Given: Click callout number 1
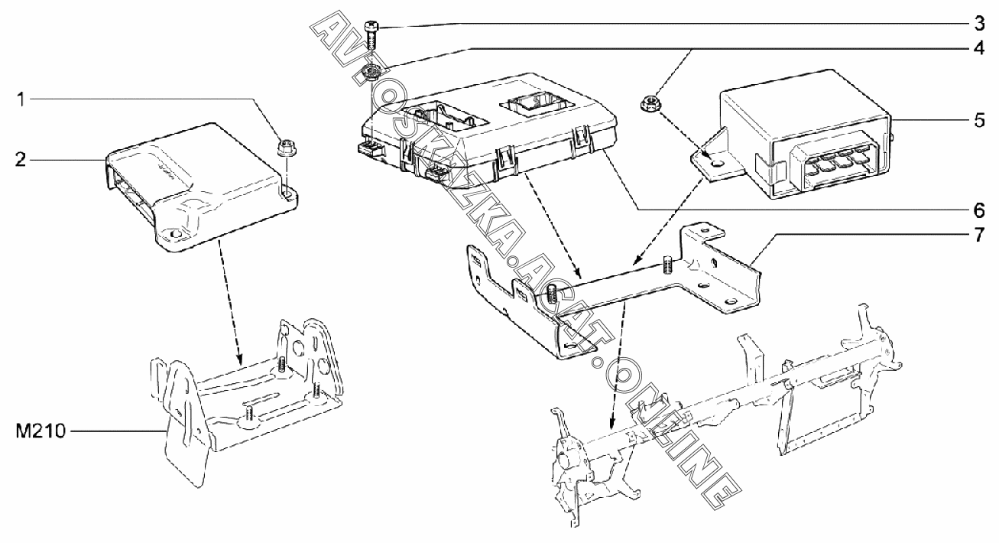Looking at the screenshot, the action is point(21,99).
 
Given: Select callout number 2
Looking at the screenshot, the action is point(21,159).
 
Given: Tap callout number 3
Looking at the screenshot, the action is point(979,23).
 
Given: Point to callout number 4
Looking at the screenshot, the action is point(979,47).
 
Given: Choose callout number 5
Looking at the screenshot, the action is point(979,121).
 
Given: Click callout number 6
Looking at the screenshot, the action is point(979,210).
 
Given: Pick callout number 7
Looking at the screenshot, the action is point(979,235).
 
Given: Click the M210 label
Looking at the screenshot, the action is point(41,431).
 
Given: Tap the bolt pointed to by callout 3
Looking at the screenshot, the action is point(371,36).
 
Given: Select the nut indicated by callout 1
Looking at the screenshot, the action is point(284,148).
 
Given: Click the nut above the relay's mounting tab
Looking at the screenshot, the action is point(650,105).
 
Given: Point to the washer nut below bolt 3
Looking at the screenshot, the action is point(371,70).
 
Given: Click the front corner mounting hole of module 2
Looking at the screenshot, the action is point(174,234).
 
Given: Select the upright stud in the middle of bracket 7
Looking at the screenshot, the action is point(667,265).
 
